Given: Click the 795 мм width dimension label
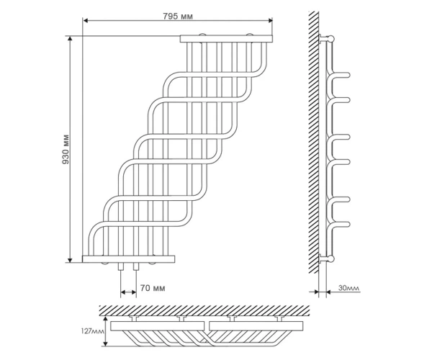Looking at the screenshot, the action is click(178, 17).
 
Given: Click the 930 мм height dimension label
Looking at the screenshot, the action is click(66, 149).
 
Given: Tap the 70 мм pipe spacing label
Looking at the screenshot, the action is click(153, 288).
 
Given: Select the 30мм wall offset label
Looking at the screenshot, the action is click(348, 288).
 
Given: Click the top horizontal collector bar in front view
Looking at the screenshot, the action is click(226, 39).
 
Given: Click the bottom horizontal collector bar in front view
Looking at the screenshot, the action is click(128, 259).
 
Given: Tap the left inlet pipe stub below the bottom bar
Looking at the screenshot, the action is click(121, 266).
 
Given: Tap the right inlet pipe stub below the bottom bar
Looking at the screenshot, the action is click(136, 266).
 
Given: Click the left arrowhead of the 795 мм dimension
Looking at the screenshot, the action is click(86, 21).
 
